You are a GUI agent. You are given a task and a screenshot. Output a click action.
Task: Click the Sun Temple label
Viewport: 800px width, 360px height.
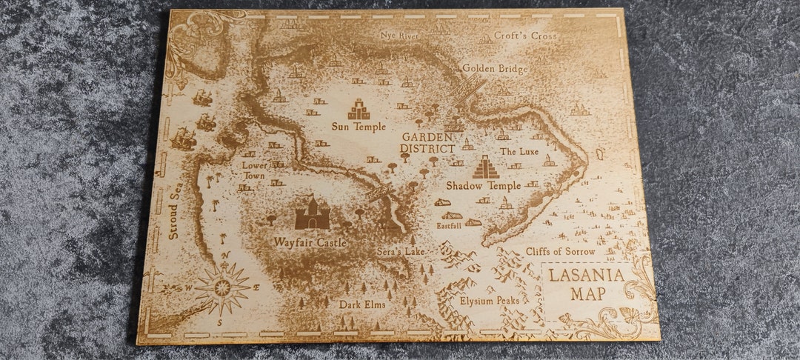coord(359,127)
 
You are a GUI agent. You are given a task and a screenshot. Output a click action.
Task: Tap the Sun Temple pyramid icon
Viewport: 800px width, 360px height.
coord(359,109)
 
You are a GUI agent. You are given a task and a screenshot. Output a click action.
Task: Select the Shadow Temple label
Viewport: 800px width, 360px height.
coord(484,185)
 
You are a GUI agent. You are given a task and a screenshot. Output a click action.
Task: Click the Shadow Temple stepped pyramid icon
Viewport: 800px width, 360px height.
coord(486,167)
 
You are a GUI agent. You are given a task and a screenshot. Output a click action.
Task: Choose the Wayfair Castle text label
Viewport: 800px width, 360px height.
coord(310,242)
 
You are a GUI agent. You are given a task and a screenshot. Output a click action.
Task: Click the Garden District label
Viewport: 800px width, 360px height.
coord(427,143)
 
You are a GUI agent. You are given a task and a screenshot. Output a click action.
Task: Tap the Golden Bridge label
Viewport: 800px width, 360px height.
coord(495,69)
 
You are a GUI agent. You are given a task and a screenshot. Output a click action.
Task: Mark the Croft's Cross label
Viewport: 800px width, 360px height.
coord(525,36)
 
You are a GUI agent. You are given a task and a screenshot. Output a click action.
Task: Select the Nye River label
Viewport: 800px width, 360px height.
coord(399,35)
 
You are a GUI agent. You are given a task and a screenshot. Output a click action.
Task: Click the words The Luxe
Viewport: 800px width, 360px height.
coord(519,151)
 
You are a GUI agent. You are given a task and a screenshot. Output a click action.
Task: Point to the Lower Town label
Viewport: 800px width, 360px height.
coord(255,171)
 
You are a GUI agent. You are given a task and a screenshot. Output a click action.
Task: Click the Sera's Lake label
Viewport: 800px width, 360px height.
coord(400,252)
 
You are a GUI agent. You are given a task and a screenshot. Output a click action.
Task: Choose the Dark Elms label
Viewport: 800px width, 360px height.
coord(362,304)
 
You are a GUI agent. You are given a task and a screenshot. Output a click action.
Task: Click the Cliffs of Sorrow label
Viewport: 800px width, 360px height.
coord(560,252)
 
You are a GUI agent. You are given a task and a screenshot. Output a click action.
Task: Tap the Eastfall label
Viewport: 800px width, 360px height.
coord(448,225)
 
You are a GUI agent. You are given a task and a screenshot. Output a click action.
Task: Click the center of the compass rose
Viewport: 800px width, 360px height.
coord(222,287)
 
